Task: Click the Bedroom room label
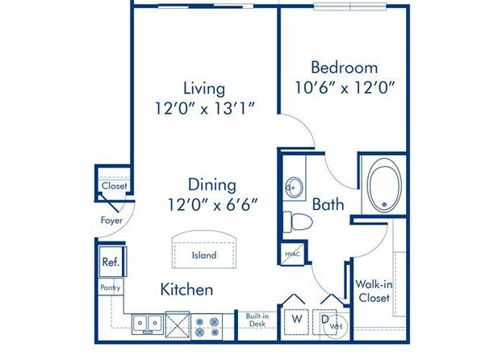pos(344,68)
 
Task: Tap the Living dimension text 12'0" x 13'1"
pos(205,108)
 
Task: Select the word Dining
pos(212,185)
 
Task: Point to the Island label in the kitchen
pos(204,255)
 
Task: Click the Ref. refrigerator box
pos(111,262)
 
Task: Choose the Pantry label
pos(111,287)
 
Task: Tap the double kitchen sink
pos(148,324)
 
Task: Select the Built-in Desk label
pos(257,320)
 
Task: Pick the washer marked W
pos(297,322)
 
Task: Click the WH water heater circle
pos(336,327)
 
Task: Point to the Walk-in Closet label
pos(374,291)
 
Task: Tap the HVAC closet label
pos(292,254)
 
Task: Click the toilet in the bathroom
pos(298,222)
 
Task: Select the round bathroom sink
pos(294,187)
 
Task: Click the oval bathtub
pos(385,185)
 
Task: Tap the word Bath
pos(328,204)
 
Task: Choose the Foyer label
pos(111,220)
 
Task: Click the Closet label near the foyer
pos(114,186)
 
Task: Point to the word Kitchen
pos(186,290)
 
